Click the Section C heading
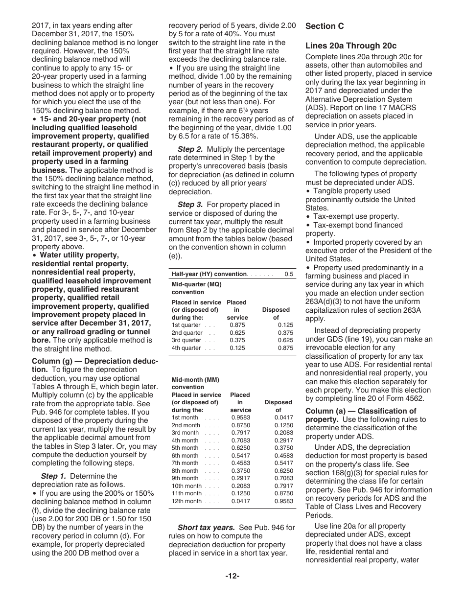pyautogui.click(x=325, y=26)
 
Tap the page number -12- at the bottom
pyautogui.click(x=232, y=576)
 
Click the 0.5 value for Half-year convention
pyautogui.click(x=289, y=274)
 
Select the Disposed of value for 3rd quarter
pyautogui.click(x=285, y=340)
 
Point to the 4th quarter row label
pyautogui.click(x=186, y=348)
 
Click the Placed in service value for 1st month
pyautogui.click(x=240, y=417)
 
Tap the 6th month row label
pyautogui.click(x=185, y=456)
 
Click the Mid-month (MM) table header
pyautogui.click(x=196, y=383)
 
